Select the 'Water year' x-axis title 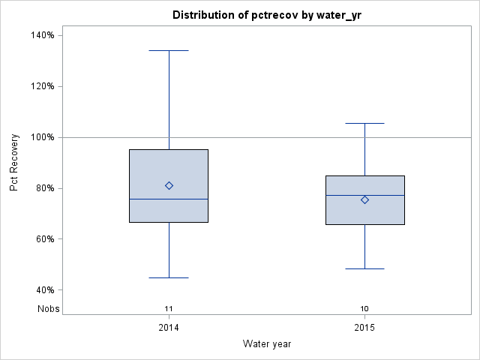(267, 344)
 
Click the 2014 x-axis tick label (169, 328)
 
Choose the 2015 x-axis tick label (364, 328)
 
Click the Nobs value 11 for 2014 (169, 308)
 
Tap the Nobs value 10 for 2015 (364, 308)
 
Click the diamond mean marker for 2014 (169, 185)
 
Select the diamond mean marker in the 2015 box (364, 199)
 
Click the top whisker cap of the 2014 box (169, 50)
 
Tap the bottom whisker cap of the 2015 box (364, 268)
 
